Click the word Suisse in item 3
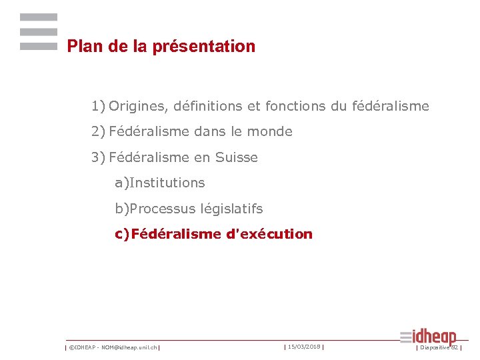click(236, 157)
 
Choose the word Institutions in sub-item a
click(168, 183)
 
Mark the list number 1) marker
click(99, 106)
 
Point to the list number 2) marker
click(99, 131)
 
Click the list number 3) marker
click(99, 157)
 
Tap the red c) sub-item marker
click(122, 234)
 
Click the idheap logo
click(429, 337)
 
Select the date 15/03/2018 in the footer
click(304, 347)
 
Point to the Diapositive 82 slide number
click(439, 347)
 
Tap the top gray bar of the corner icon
click(39, 17)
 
